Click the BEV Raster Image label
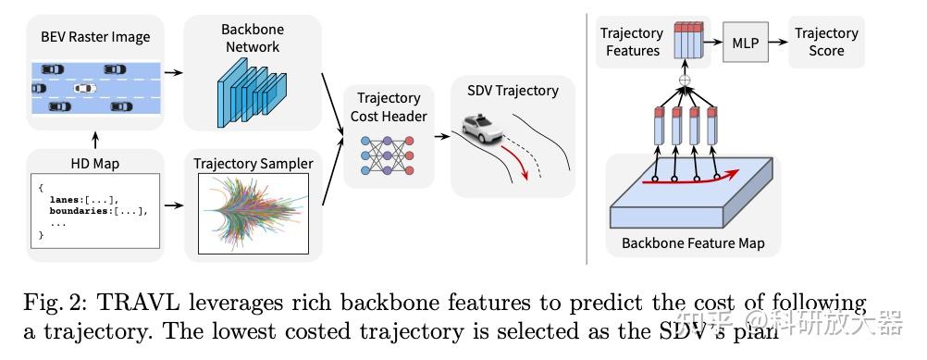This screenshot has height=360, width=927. tap(94, 38)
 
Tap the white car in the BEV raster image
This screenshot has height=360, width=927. tap(84, 89)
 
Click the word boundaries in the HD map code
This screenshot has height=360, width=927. tap(85, 210)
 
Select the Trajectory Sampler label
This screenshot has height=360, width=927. tap(253, 164)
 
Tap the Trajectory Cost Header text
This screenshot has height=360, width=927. tap(389, 106)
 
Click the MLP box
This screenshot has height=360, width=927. tap(744, 43)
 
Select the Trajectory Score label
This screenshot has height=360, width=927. tap(826, 42)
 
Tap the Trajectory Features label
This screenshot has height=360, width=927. tap(632, 42)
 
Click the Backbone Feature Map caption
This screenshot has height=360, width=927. tap(693, 244)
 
